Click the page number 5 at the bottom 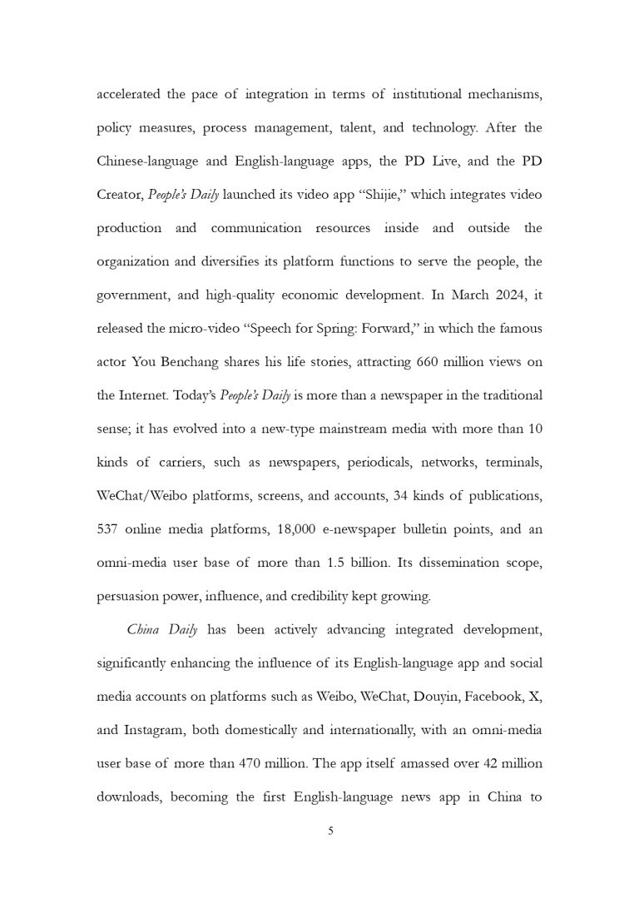pos(330,831)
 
